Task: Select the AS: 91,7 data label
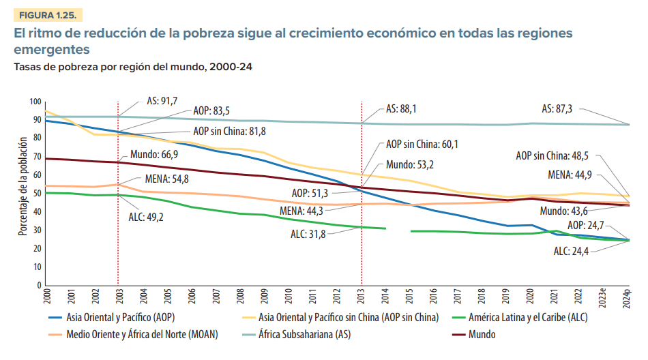click(x=162, y=100)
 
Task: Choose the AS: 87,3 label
click(x=557, y=108)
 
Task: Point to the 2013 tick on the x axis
click(x=362, y=297)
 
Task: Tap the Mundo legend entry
click(x=482, y=335)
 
